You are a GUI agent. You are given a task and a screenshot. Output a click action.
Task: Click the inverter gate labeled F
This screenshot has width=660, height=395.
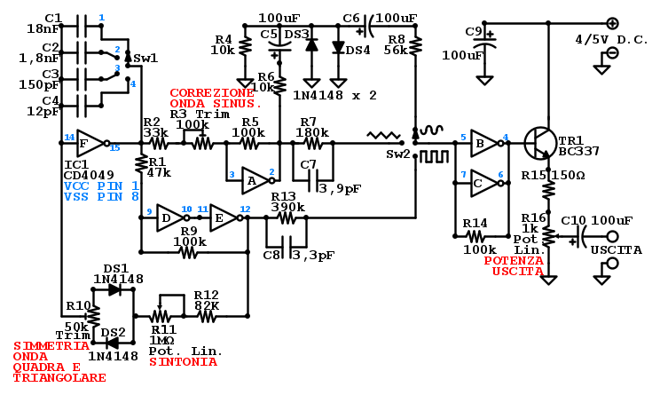pyautogui.click(x=90, y=142)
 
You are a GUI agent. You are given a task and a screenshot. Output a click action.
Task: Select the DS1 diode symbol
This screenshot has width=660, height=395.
pyautogui.click(x=113, y=289)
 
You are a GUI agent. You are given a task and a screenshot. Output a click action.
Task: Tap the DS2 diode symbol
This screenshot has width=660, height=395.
pyautogui.click(x=113, y=344)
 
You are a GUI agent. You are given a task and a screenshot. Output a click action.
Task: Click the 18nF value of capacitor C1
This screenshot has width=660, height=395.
pyautogui.click(x=42, y=29)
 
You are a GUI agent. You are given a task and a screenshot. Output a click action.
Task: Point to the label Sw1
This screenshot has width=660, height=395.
pyautogui.click(x=146, y=58)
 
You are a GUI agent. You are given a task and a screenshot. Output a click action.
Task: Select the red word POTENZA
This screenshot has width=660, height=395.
pyautogui.click(x=514, y=260)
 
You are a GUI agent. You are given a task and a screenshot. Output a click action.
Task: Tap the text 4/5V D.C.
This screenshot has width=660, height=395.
pyautogui.click(x=612, y=40)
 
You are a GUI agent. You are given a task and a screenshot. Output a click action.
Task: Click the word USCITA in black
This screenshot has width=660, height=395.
pyautogui.click(x=616, y=250)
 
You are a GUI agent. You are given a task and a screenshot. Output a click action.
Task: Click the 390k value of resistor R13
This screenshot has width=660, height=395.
pyautogui.click(x=287, y=208)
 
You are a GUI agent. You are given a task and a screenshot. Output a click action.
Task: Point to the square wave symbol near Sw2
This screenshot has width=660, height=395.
pyautogui.click(x=432, y=157)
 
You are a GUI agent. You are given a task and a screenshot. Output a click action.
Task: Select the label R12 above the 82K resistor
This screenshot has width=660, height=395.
pyautogui.click(x=206, y=295)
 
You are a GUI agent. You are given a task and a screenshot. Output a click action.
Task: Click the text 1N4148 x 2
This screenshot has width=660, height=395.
pyautogui.click(x=334, y=95)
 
